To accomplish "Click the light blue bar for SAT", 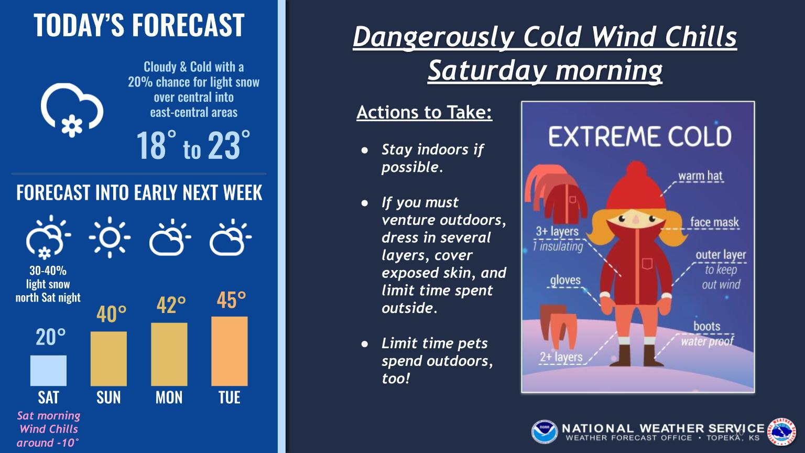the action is click(x=48, y=371).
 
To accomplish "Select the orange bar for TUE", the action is click(x=229, y=351).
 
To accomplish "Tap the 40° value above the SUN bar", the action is click(x=112, y=314).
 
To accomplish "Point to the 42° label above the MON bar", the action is click(x=171, y=305).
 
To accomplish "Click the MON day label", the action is click(x=169, y=397).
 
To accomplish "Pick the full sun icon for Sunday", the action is click(x=110, y=238).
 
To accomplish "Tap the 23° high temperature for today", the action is click(x=229, y=146).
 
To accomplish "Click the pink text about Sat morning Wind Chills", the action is click(x=49, y=429).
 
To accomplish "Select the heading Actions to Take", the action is click(x=424, y=112).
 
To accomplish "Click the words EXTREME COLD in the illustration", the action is click(x=640, y=136).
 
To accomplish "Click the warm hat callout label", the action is click(x=700, y=176).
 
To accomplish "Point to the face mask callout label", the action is click(x=714, y=222).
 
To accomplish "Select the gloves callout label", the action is click(x=565, y=280).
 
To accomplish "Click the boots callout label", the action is click(x=707, y=326).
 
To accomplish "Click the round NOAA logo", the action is click(x=545, y=432).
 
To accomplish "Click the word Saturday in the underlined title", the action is click(x=488, y=70).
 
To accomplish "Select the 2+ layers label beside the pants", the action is click(x=561, y=357).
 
